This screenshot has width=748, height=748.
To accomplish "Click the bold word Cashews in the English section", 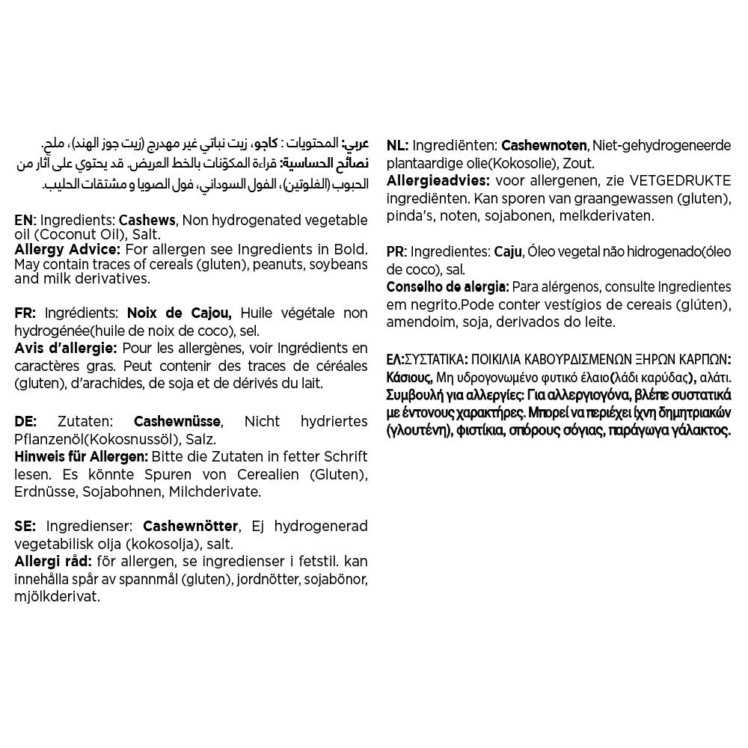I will click(147, 220).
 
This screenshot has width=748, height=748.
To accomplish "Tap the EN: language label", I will click(25, 220).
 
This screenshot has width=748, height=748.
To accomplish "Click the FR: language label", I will click(25, 313).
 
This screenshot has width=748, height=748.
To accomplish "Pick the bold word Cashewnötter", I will click(191, 526).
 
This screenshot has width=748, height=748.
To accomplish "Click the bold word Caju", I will click(508, 252).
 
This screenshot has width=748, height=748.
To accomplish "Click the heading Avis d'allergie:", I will click(65, 349).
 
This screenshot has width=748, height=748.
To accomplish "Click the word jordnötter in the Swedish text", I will click(276, 580).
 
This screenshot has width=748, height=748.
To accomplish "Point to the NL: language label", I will click(398, 145).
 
